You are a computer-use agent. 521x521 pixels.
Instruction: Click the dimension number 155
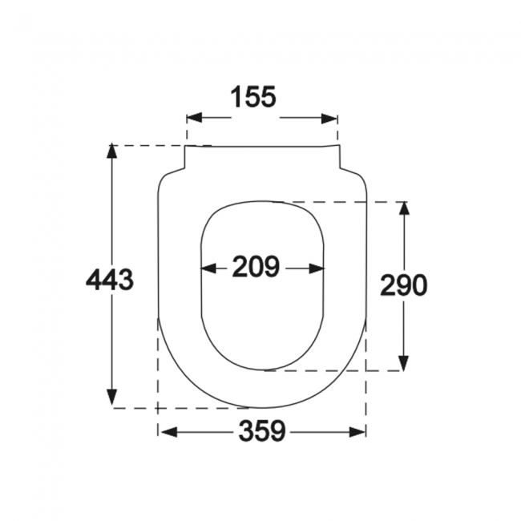click(x=252, y=97)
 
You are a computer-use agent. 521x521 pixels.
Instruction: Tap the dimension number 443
click(x=110, y=280)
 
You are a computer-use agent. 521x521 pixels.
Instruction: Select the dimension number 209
click(x=256, y=266)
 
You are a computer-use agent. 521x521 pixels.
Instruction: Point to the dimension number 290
click(x=403, y=285)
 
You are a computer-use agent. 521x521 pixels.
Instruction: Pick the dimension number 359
click(x=262, y=431)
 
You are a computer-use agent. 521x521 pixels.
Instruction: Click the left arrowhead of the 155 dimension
click(x=195, y=118)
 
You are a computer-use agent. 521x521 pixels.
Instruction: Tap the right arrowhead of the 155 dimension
click(x=329, y=118)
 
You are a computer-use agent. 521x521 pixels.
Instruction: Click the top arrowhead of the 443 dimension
click(x=112, y=151)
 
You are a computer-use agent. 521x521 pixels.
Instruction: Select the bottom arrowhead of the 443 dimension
click(x=112, y=398)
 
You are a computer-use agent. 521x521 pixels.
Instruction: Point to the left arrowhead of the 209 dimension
click(x=208, y=269)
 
